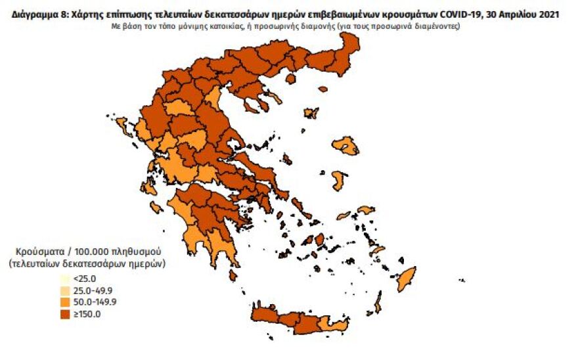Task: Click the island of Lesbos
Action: (x=345, y=146)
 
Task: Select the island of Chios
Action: (x=339, y=181)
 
